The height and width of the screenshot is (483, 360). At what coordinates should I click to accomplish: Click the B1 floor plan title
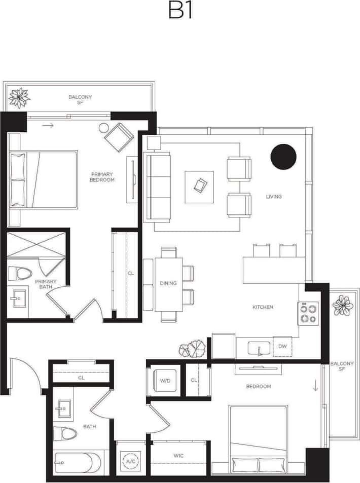click(x=180, y=11)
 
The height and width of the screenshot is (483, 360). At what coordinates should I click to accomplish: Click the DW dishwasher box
click(x=282, y=347)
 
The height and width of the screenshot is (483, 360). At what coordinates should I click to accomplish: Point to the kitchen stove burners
click(x=308, y=314)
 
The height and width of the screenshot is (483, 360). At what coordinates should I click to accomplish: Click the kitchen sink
click(x=259, y=348)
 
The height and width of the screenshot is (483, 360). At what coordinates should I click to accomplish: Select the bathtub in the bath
click(x=74, y=462)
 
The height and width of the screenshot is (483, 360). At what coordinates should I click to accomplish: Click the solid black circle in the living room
click(x=283, y=156)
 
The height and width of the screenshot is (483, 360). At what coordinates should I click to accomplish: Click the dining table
click(x=168, y=284)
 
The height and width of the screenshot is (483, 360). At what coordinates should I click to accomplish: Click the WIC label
click(x=178, y=456)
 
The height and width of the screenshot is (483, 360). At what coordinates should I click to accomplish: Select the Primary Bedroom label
click(x=102, y=176)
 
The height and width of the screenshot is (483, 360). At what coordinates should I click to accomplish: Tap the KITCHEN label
click(x=263, y=307)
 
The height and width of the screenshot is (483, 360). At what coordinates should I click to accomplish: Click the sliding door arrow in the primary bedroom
click(x=48, y=125)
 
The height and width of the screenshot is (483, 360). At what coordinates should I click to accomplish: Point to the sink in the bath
click(x=64, y=409)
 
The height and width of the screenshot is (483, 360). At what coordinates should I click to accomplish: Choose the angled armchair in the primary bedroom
click(x=119, y=136)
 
